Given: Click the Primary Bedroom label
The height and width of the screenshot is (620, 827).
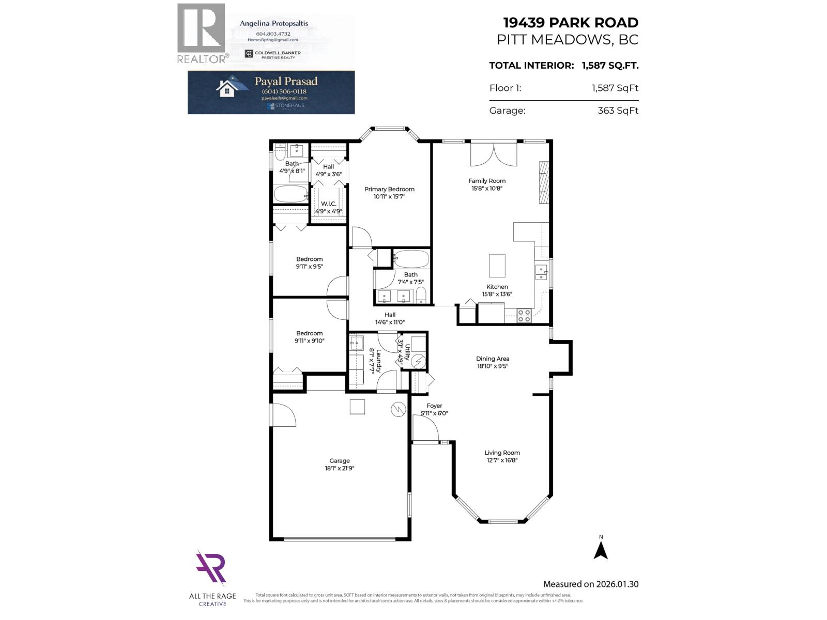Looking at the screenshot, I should (x=389, y=189).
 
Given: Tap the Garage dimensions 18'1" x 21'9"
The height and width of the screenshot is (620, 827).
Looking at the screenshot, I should (x=340, y=469).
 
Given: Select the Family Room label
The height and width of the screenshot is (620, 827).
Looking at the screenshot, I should (x=487, y=181).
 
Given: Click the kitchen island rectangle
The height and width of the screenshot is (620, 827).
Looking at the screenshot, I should (x=497, y=265).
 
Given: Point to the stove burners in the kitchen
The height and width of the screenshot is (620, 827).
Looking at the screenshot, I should (x=524, y=316).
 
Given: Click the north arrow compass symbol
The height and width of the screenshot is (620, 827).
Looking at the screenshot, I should (x=601, y=549).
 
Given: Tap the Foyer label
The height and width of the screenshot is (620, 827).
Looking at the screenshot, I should (x=434, y=406).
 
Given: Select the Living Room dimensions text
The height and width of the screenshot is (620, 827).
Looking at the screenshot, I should (x=502, y=460).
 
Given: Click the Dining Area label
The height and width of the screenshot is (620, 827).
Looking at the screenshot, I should (x=493, y=359).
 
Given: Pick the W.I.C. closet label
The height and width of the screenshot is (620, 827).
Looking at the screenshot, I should (x=329, y=204).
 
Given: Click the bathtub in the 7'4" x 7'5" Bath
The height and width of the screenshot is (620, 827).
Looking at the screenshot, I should (x=411, y=257).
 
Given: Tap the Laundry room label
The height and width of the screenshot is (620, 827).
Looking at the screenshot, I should (x=378, y=360).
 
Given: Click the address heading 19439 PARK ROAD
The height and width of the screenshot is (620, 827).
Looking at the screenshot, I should (x=571, y=23).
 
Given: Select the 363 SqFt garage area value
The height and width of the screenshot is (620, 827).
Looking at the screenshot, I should (x=618, y=111).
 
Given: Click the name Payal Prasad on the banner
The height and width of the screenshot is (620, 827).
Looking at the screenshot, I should (x=286, y=81).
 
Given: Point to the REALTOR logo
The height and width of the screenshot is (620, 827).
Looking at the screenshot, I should (x=202, y=34).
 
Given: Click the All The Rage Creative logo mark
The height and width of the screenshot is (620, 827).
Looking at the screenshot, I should (x=211, y=569).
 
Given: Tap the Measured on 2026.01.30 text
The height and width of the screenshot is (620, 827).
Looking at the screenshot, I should (x=590, y=584).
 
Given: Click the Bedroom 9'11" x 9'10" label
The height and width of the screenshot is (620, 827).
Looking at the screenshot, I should (x=309, y=333).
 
